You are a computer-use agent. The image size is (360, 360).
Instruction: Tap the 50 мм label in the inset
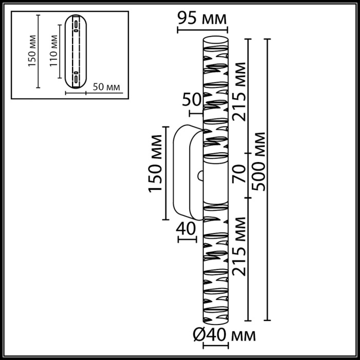point(107,87)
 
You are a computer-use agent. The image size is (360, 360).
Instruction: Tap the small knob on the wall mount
point(200,176)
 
